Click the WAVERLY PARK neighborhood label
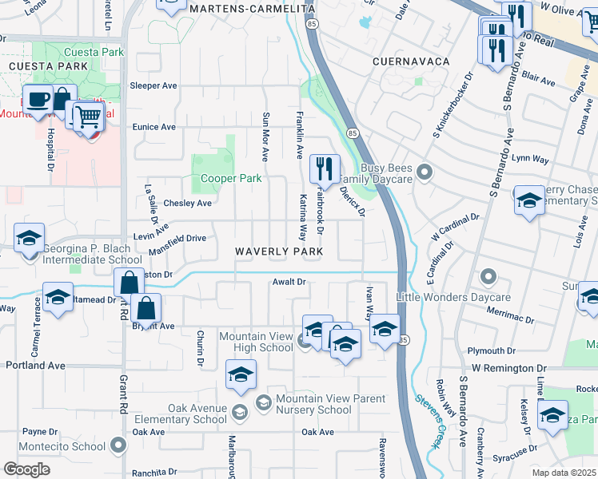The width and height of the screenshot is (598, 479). click(x=279, y=251)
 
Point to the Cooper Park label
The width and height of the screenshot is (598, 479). click(x=231, y=179)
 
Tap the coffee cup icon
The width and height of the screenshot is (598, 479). click(x=38, y=100)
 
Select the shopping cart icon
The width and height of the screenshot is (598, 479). click(x=89, y=117)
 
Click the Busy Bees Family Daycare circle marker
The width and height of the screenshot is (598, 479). click(x=425, y=170)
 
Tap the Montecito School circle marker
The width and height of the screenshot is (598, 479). click(x=119, y=445)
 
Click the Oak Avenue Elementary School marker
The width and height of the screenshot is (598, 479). click(x=240, y=412)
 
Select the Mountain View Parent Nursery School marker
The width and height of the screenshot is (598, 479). click(x=263, y=404)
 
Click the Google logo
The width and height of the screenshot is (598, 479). click(x=26, y=469)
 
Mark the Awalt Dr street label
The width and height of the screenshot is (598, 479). click(x=289, y=282)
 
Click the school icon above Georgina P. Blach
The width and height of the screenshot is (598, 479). click(x=29, y=238)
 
